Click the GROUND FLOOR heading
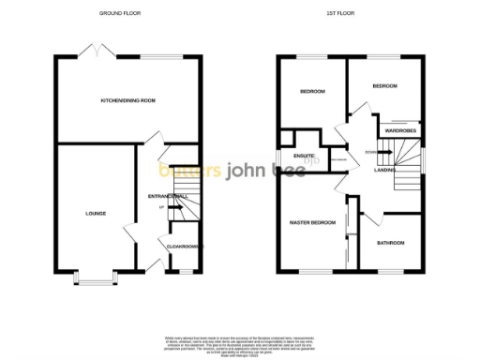click(x=127, y=13)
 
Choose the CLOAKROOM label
click(x=181, y=247)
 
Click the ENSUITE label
click(x=304, y=155)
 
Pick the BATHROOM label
click(x=391, y=243)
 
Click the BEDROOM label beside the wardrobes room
click(x=384, y=85)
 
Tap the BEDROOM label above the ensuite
click(x=312, y=91)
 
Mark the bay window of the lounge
click(x=94, y=278)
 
